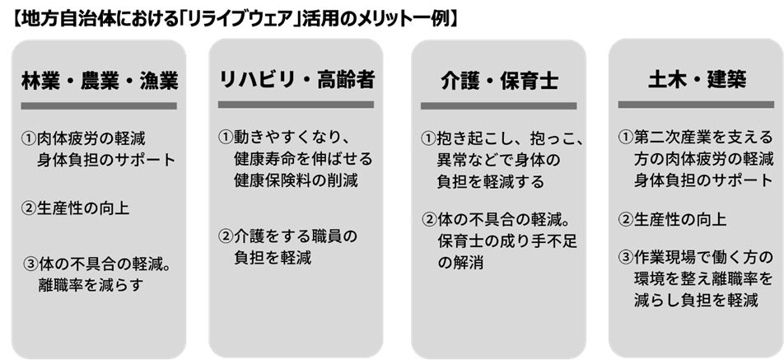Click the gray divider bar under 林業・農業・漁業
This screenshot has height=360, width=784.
(x=99, y=105)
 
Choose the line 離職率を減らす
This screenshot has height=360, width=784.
(x=90, y=286)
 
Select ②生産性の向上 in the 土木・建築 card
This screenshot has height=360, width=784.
(x=672, y=219)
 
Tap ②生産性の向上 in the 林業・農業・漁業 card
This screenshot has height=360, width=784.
(x=75, y=208)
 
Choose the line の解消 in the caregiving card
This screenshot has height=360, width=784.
(x=460, y=264)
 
